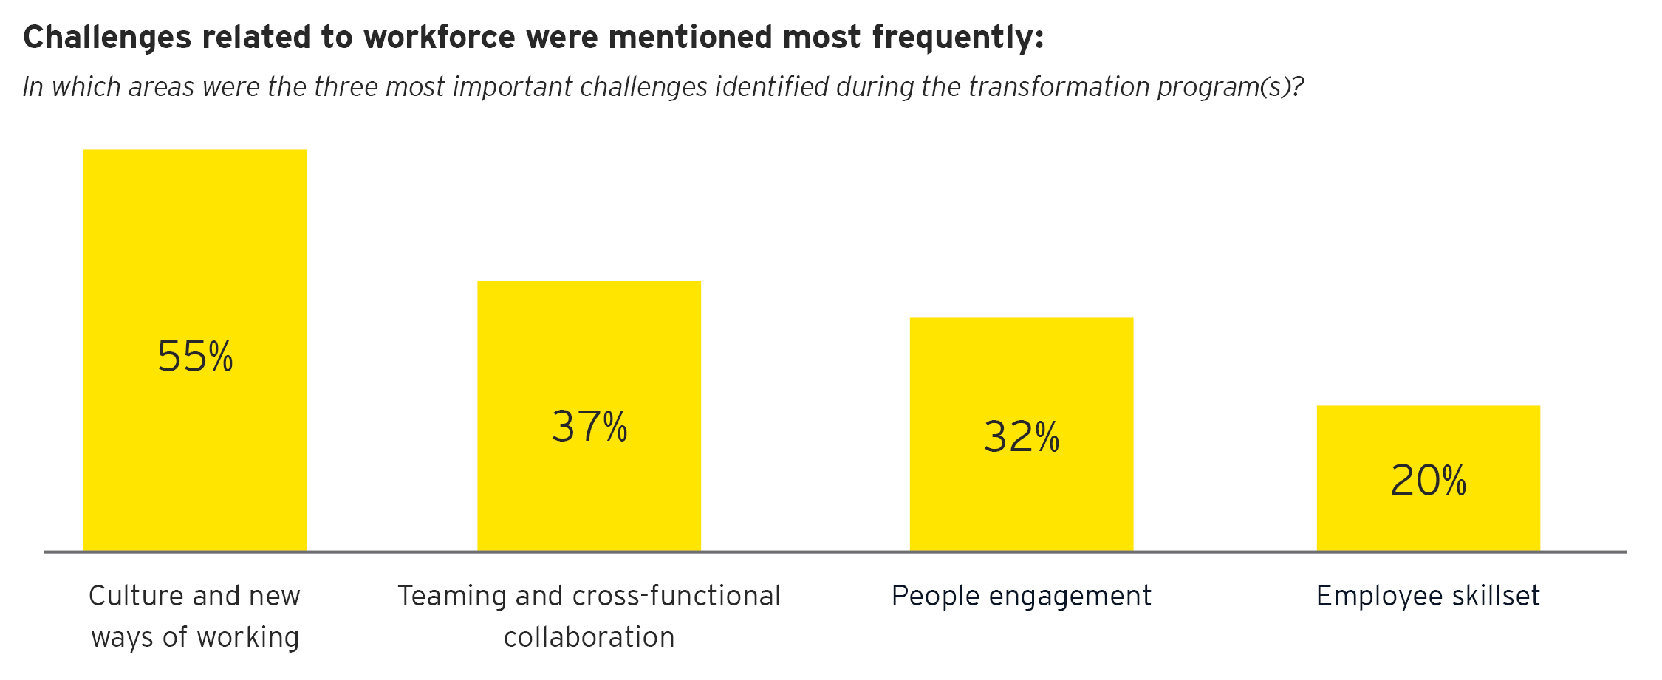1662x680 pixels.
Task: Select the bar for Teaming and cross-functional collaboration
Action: click(x=589, y=347)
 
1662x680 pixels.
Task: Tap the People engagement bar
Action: click(x=1021, y=369)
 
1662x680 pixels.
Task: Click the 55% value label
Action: click(x=195, y=357)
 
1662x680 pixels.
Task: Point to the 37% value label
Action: click(x=589, y=427)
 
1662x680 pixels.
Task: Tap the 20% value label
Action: click(x=1429, y=481)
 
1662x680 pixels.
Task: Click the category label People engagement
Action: click(x=1021, y=596)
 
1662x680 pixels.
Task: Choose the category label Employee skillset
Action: click(x=1428, y=596)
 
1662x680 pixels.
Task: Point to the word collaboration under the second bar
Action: click(x=589, y=637)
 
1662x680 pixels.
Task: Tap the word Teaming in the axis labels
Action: click(x=451, y=596)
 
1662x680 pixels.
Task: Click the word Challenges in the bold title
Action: click(x=107, y=37)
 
